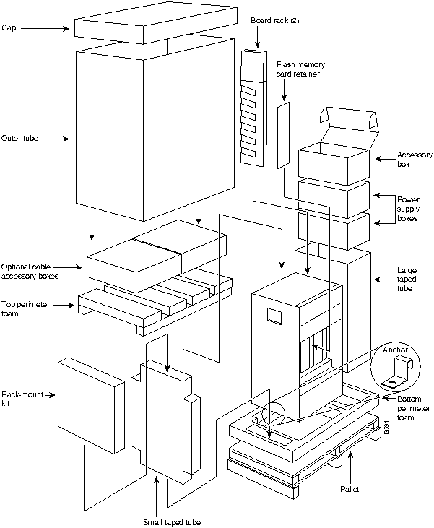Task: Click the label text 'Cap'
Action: pos(9,28)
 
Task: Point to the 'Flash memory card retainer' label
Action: pos(300,69)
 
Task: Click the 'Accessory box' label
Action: pos(415,160)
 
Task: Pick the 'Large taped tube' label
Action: pos(408,279)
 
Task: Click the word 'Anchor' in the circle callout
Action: pos(396,350)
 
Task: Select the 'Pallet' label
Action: pos(351,489)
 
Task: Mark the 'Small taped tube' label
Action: pos(172,521)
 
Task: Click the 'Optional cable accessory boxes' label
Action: pos(29,270)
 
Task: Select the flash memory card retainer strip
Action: pos(283,134)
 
